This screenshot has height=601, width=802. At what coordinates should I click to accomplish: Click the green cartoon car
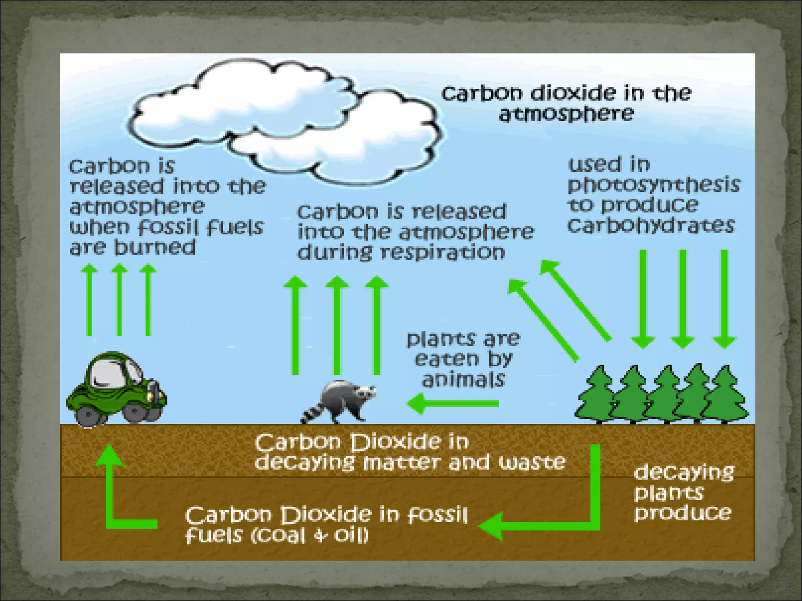pos(116,389)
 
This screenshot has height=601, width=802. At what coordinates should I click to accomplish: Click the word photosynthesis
pos(654,185)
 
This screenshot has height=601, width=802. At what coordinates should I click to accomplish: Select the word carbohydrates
pos(651,225)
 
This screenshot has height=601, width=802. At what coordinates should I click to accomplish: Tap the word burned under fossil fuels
pos(154,248)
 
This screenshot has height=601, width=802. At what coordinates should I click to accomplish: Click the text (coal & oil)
pos(309,535)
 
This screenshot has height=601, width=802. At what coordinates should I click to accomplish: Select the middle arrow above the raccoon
pos(337,325)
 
